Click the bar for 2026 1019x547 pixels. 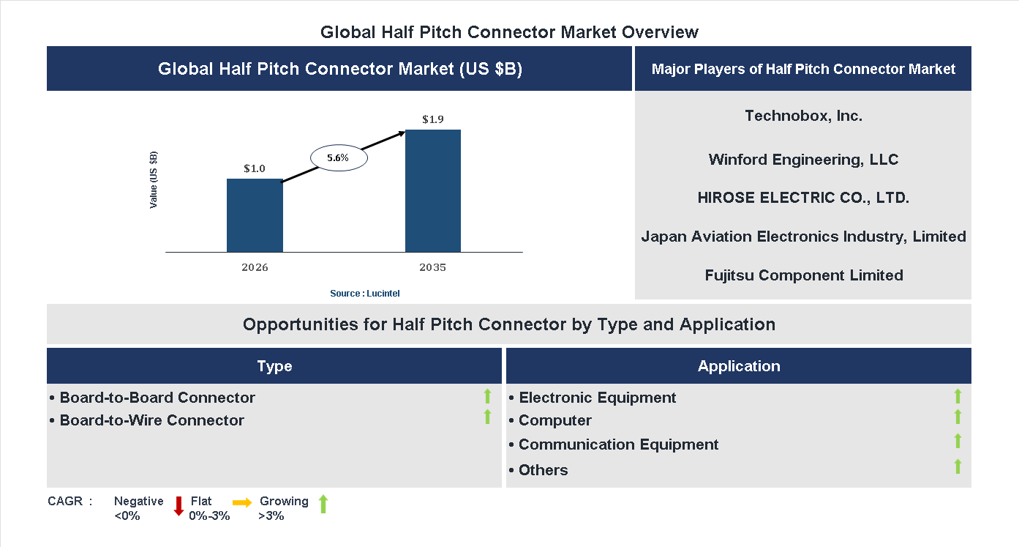pyautogui.click(x=255, y=215)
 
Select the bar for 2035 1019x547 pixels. pyautogui.click(x=433, y=191)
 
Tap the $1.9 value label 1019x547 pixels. pyautogui.click(x=433, y=119)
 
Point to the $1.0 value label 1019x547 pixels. pyautogui.click(x=255, y=169)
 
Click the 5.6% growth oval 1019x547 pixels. pyautogui.click(x=338, y=157)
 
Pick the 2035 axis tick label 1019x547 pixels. pyautogui.click(x=433, y=267)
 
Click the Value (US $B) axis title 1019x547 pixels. pyautogui.click(x=154, y=179)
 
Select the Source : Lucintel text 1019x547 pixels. pyautogui.click(x=364, y=294)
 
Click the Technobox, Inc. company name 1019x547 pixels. pyautogui.click(x=803, y=116)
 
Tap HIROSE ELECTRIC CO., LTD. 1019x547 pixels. pyautogui.click(x=803, y=198)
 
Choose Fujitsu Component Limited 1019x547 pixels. pyautogui.click(x=803, y=275)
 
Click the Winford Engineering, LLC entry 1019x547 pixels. pyautogui.click(x=803, y=160)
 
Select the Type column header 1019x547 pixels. pyautogui.click(x=274, y=366)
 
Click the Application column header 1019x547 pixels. pyautogui.click(x=739, y=366)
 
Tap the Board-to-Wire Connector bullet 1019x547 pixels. pyautogui.click(x=151, y=420)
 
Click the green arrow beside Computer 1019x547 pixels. pyautogui.click(x=958, y=417)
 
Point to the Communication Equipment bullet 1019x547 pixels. pyautogui.click(x=618, y=444)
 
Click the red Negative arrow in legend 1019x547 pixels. pyautogui.click(x=178, y=506)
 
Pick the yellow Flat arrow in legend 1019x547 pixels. pyautogui.click(x=242, y=502)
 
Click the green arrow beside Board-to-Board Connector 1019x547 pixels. pyautogui.click(x=487, y=397)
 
